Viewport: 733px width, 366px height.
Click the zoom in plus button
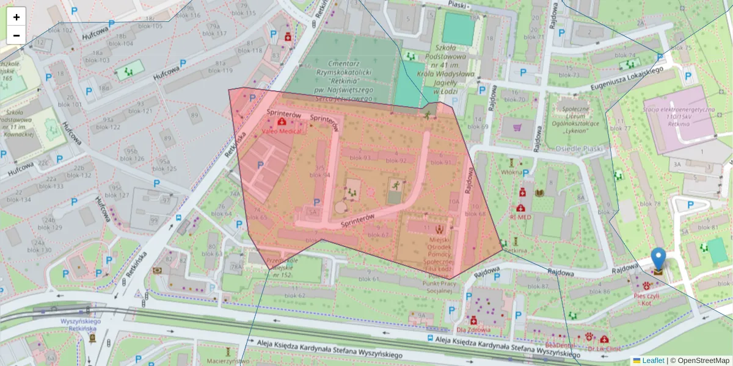coord(16,17)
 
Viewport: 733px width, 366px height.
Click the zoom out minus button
coord(16,35)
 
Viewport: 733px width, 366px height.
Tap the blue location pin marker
coord(658,262)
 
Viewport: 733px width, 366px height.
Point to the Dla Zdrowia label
coord(473,330)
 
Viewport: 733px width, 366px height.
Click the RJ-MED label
coord(520,217)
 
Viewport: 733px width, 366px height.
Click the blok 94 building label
coord(320,175)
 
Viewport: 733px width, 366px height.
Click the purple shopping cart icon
coord(518,128)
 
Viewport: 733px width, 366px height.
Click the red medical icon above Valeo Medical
coord(280,122)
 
